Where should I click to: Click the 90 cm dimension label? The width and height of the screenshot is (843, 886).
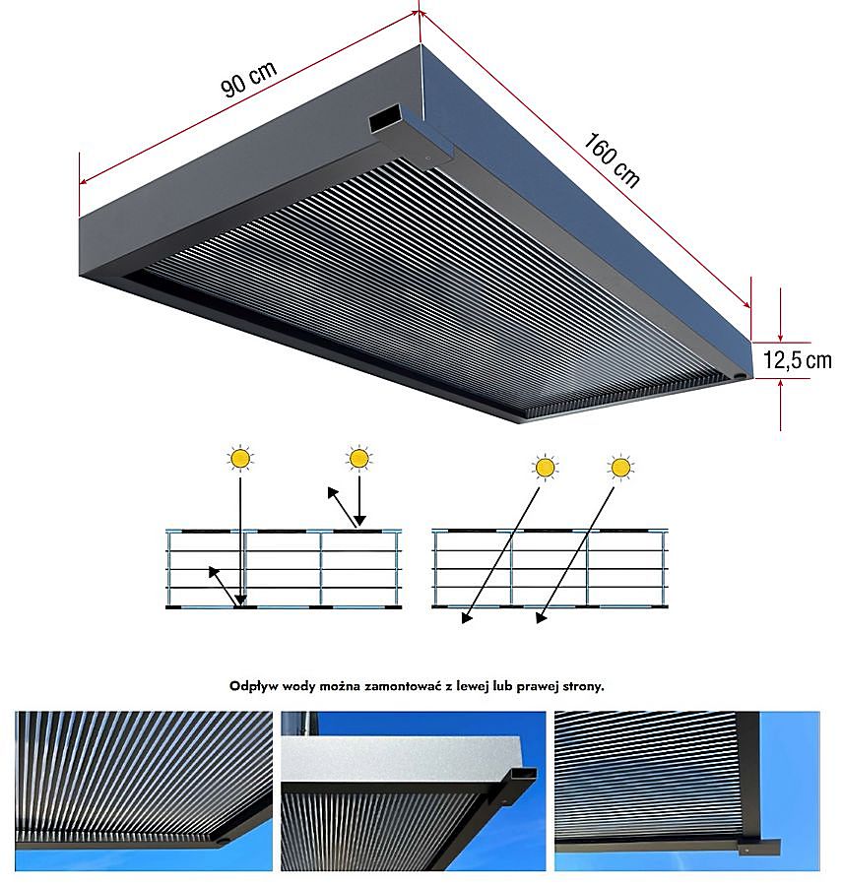(248, 80)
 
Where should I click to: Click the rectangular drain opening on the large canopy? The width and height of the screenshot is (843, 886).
(380, 122)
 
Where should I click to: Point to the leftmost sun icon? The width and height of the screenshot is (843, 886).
(239, 458)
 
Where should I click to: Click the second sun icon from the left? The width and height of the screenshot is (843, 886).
(359, 458)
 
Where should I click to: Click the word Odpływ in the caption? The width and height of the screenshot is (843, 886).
(252, 686)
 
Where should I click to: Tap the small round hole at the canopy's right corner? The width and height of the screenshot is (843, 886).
(741, 375)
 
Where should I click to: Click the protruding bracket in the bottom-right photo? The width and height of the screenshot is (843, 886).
(763, 847)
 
